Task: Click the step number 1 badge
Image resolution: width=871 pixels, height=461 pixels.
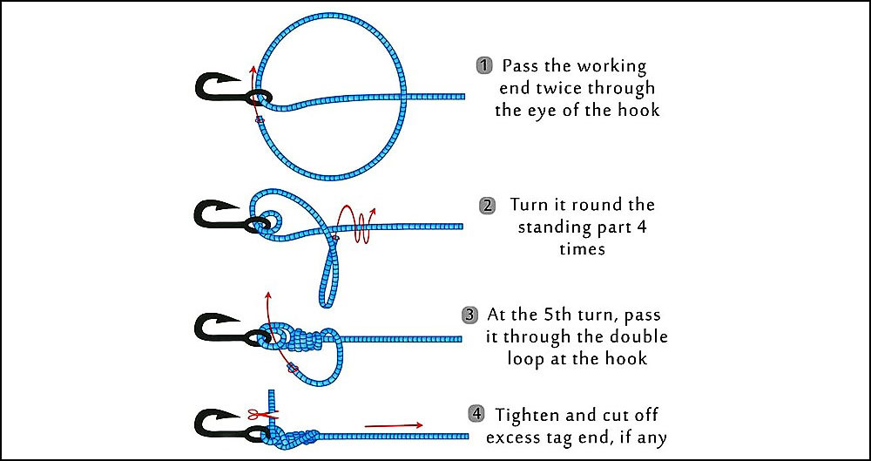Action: tap(483, 65)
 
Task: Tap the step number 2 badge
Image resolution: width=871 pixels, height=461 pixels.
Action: tap(488, 206)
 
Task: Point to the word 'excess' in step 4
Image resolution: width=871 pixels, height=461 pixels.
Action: tap(517, 435)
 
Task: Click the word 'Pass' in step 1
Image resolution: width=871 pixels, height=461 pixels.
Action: tap(520, 65)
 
